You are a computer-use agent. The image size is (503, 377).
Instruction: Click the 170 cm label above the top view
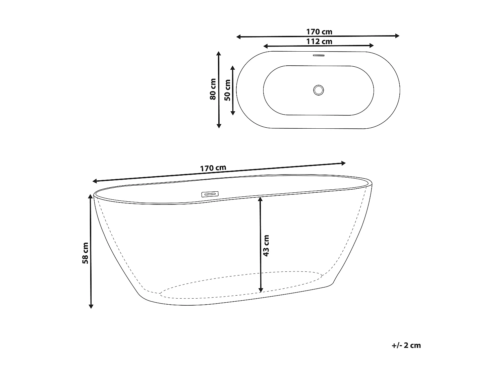pos(319,32)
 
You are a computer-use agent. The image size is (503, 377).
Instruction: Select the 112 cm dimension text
pos(319,42)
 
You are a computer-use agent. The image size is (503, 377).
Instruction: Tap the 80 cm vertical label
pos(212,89)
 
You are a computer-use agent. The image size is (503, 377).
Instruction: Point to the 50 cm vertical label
pos(227,90)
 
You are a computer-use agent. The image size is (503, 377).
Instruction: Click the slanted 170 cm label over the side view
pos(213,168)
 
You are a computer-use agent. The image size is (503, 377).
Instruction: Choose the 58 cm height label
pos(85,253)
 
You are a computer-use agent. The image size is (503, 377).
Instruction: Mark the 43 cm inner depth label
pos(266,246)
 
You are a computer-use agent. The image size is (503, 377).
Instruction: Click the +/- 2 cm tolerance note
pos(406,345)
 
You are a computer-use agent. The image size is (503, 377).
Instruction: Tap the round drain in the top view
pos(318,89)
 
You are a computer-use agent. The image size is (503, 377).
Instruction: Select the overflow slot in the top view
pos(319,56)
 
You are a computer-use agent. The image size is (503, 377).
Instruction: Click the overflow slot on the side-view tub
pos(210,194)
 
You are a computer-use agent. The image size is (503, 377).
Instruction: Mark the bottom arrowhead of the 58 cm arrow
pos(91,306)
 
